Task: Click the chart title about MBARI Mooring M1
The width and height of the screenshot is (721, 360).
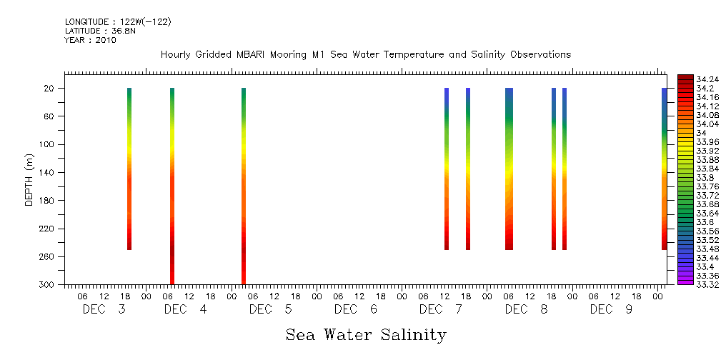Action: click(x=366, y=55)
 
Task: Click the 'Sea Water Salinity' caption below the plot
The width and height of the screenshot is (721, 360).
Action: click(x=366, y=334)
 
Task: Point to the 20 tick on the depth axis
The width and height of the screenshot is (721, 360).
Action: click(x=50, y=88)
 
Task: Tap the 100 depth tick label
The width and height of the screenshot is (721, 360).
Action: click(x=48, y=144)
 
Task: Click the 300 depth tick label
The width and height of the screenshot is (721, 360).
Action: click(x=48, y=284)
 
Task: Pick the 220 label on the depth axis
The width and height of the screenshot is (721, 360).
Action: click(x=48, y=229)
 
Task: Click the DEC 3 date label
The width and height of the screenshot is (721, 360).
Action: click(x=104, y=309)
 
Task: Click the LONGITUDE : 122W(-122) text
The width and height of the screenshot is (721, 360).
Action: click(x=118, y=22)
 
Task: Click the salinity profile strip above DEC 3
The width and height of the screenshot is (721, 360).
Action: click(x=129, y=169)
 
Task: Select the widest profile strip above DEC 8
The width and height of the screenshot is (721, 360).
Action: click(x=509, y=169)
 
